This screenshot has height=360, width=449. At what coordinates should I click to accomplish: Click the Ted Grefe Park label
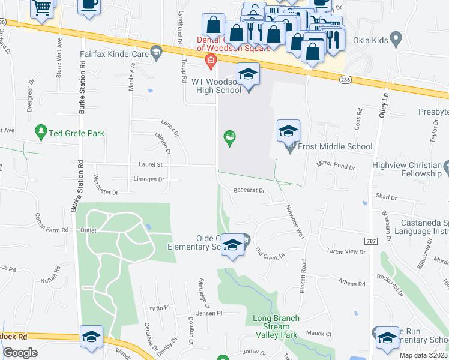[77, 133]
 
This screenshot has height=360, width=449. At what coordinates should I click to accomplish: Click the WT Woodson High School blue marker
[247, 75]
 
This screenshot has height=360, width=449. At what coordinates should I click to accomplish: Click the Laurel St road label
[152, 164]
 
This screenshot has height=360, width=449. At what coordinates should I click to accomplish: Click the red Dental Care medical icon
[211, 59]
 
